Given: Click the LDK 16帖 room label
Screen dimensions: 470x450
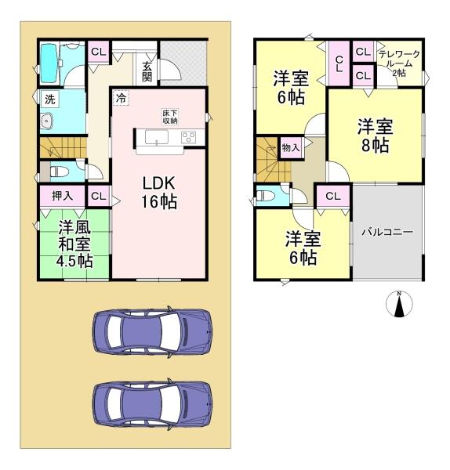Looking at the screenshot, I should pos(159,193).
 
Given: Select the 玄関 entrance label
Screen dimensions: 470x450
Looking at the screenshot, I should pos(147,71).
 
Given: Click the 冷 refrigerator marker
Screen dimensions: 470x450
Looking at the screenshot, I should pos(122,98).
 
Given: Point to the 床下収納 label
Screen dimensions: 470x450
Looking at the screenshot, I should pos(170,117).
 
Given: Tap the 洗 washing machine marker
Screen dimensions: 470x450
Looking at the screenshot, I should pos(49,99).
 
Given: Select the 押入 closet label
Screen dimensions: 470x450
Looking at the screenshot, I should pos(62,196).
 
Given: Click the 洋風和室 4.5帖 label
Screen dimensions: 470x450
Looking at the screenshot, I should pos(75,243).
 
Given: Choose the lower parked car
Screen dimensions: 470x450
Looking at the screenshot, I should pos(152,404).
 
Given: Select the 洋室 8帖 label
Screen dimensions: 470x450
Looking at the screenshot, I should pos(374,136).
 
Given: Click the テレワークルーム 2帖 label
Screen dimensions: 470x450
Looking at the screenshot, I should pos(400,63).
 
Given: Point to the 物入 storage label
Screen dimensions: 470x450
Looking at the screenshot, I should pos(290,146).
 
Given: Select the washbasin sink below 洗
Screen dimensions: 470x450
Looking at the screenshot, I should pos(47,121).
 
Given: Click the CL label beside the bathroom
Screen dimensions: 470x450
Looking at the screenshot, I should pos(99,52).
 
